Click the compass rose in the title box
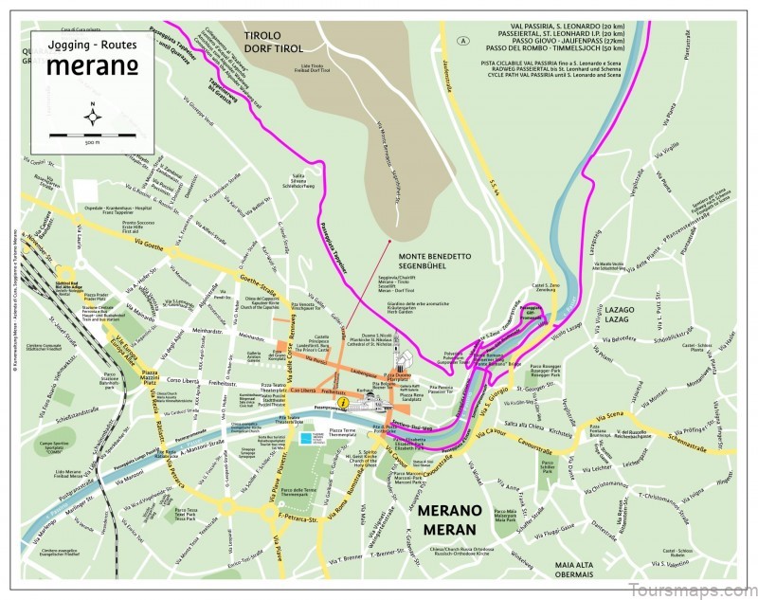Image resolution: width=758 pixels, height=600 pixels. point(92,117)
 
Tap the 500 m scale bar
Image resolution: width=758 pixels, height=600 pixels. point(92,137)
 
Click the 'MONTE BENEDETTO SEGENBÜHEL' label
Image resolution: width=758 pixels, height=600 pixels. point(435,262)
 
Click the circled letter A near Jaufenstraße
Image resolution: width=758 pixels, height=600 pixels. point(462,41)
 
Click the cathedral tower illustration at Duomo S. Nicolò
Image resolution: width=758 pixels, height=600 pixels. point(402,360)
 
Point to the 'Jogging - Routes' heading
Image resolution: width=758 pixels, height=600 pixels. point(91,45)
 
